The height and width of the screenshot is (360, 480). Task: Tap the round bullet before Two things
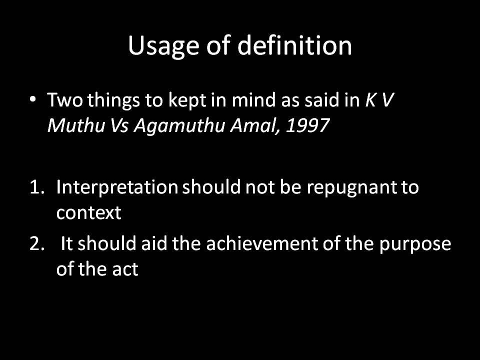pos(33,100)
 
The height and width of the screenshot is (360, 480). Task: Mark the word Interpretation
pos(117,188)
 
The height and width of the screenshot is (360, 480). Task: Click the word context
pos(88,213)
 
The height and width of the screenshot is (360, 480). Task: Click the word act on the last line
pos(124,270)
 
